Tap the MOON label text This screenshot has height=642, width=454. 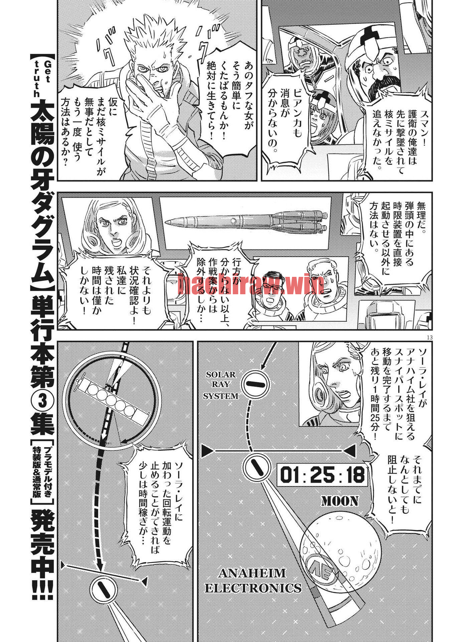coord(340,501)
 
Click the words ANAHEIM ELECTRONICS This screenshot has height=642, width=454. coord(253,580)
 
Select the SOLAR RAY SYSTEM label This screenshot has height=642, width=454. coord(221,385)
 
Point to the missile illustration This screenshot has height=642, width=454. coord(246,221)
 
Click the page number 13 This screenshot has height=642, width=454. coord(429,337)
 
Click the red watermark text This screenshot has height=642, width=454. coord(251,284)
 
